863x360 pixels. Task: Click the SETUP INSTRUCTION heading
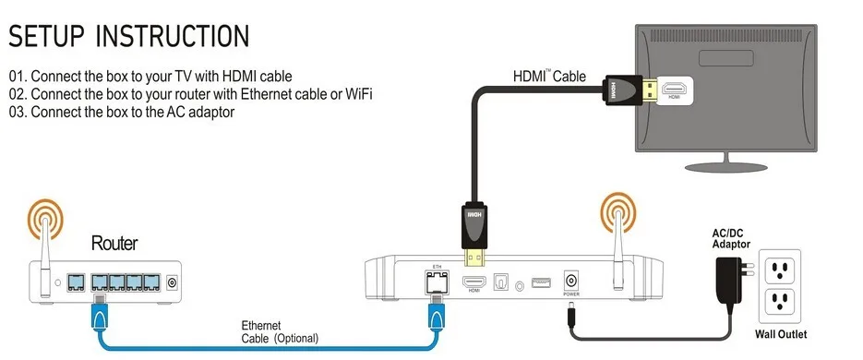(x=129, y=36)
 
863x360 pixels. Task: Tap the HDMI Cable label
(x=549, y=76)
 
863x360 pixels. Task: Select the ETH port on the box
(x=437, y=282)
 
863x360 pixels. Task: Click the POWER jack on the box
(x=570, y=282)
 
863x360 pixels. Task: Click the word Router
(x=114, y=243)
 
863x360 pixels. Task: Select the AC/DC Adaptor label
(x=731, y=239)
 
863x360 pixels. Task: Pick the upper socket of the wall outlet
(x=779, y=269)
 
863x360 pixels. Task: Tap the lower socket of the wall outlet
(x=779, y=302)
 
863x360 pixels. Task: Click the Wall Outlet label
(x=781, y=334)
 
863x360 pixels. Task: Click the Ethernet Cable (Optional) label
(x=280, y=332)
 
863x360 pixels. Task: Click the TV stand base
(x=727, y=165)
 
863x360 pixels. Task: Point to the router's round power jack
(x=173, y=283)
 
